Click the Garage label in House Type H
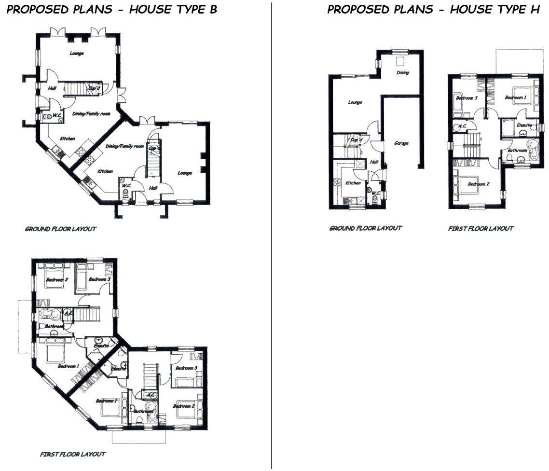(x=401, y=143)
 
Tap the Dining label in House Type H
(x=403, y=73)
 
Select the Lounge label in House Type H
(x=355, y=102)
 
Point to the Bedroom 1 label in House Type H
(x=516, y=98)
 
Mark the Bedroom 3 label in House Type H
(x=467, y=98)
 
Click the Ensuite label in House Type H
(x=524, y=125)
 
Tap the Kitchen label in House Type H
(x=353, y=183)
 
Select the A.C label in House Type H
(x=462, y=126)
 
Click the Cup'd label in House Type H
(x=356, y=140)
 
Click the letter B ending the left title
(x=213, y=10)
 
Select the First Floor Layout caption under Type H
(x=480, y=229)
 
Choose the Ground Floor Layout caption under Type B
(x=60, y=229)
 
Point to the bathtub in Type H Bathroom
(x=533, y=151)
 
